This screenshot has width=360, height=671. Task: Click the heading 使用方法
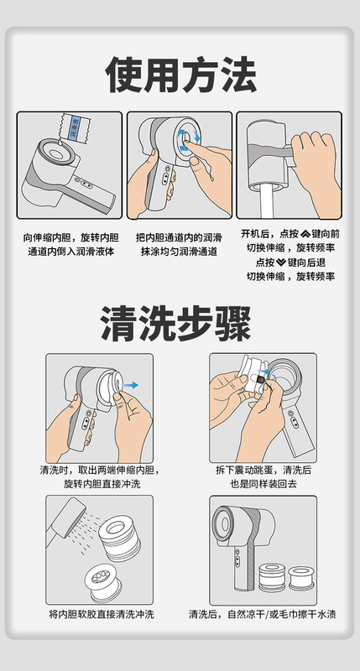(x=180, y=75)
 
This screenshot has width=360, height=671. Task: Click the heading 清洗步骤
(x=176, y=323)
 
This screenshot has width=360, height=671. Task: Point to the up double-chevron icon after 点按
(x=305, y=234)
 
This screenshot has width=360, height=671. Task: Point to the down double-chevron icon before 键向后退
(x=281, y=263)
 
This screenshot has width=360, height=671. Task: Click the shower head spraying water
(x=65, y=519)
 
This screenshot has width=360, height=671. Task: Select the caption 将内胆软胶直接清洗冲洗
(x=102, y=615)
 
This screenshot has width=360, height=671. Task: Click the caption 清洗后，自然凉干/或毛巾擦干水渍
(x=263, y=615)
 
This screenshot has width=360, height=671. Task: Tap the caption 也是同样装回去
(x=263, y=484)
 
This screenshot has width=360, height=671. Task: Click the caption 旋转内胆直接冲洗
(x=102, y=484)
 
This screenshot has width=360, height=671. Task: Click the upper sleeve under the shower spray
(x=120, y=538)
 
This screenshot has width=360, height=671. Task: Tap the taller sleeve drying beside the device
(x=272, y=578)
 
